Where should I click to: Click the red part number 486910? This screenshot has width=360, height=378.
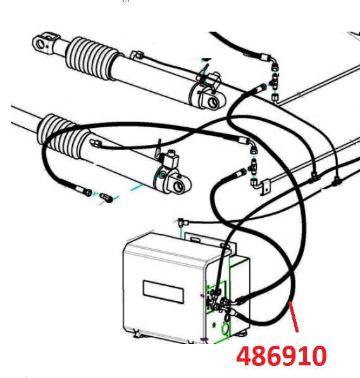click(282, 356)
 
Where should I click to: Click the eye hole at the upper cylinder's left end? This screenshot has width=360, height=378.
click(42, 44)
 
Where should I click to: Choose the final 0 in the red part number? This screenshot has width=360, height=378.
click(319, 356)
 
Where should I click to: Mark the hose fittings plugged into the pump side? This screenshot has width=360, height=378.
click(225, 304)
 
